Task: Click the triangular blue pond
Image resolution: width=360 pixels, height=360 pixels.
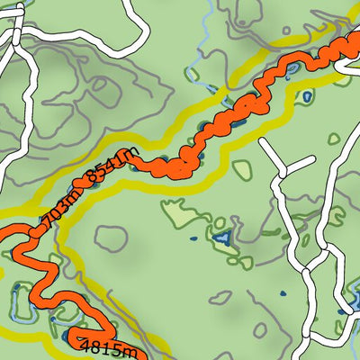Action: coord(221,239)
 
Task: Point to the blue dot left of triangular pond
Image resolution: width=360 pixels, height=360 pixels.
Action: coord(192,240)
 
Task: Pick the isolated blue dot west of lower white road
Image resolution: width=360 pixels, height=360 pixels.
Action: coord(281,292)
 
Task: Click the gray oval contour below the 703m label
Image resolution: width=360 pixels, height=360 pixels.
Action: coord(111,238)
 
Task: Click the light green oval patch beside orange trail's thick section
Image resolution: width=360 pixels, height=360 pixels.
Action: coord(242,167)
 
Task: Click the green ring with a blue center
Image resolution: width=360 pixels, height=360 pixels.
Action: coord(308,94)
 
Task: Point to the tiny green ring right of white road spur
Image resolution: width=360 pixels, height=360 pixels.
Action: coord(334,139)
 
